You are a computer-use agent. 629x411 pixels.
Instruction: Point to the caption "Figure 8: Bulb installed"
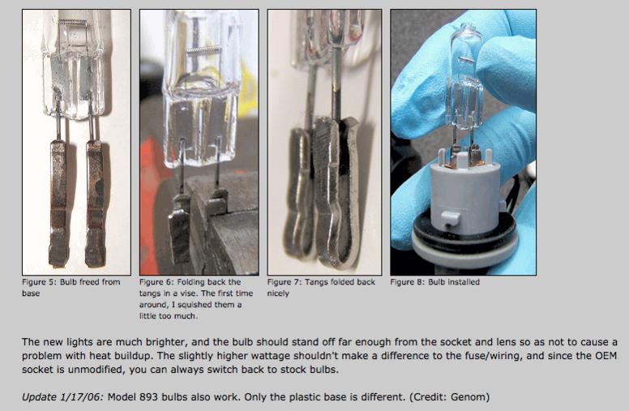tap(434, 282)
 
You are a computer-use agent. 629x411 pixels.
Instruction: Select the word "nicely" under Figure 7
tap(278, 293)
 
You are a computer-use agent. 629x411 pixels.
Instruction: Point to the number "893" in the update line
tap(149, 397)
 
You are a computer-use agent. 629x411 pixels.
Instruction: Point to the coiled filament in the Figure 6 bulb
tap(203, 50)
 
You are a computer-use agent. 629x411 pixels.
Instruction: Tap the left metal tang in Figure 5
tap(58, 203)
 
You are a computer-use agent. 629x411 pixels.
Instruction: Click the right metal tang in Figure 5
tap(95, 203)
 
